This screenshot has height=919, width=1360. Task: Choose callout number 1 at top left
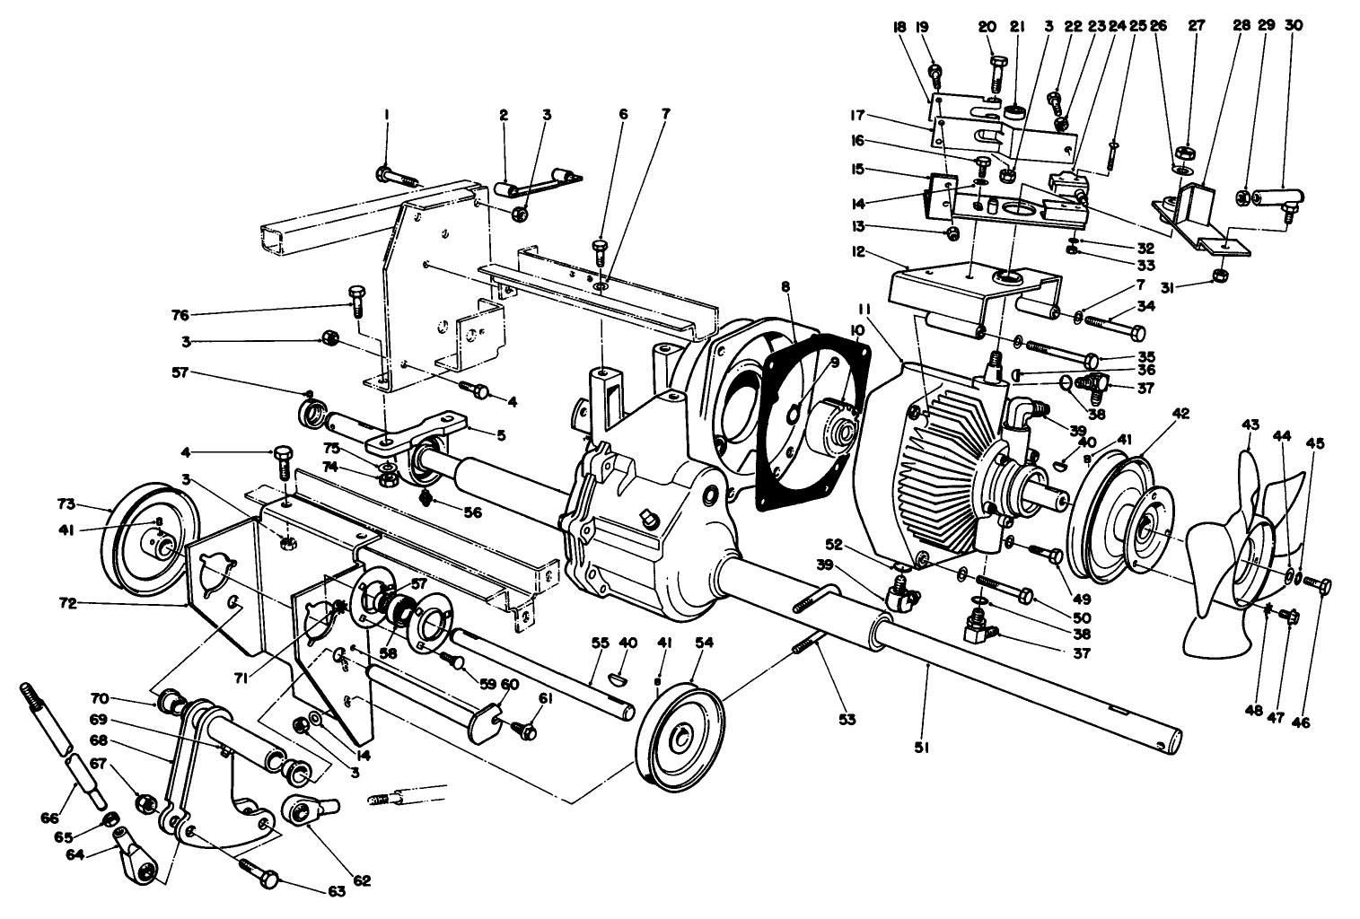(387, 115)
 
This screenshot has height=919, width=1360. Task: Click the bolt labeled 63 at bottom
(257, 871)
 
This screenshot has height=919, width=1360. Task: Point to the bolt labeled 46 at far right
(1317, 584)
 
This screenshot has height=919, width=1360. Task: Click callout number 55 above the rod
(600, 643)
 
